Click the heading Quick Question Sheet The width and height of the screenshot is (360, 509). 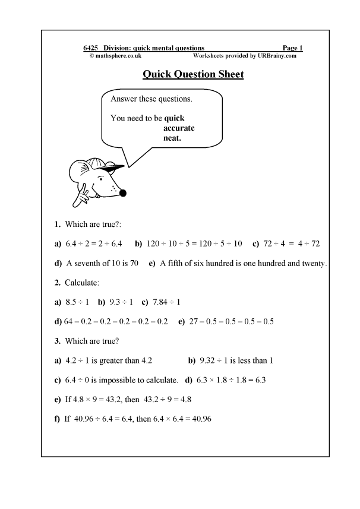(x=193, y=75)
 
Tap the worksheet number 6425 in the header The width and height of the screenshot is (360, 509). (x=91, y=48)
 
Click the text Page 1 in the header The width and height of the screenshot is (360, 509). (x=293, y=48)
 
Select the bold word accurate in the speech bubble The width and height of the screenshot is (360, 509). (x=179, y=128)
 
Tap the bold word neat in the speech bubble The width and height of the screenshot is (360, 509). (x=172, y=138)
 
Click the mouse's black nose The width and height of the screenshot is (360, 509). (x=123, y=192)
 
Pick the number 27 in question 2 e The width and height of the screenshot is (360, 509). (x=194, y=322)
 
